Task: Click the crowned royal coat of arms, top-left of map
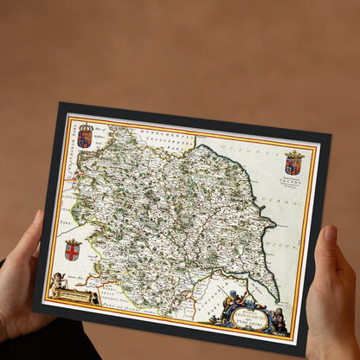point(85,135)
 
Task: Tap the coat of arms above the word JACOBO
point(293,162)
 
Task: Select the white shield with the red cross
point(73,250)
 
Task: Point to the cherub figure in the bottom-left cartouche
point(58,283)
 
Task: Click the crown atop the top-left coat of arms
point(85,126)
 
